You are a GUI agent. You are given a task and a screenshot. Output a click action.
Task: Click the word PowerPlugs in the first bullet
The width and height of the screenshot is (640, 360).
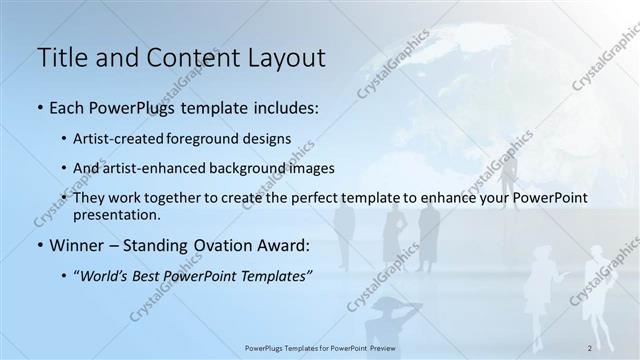pos(123,107)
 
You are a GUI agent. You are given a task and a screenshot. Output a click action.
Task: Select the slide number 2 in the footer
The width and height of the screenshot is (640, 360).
pos(591,348)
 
